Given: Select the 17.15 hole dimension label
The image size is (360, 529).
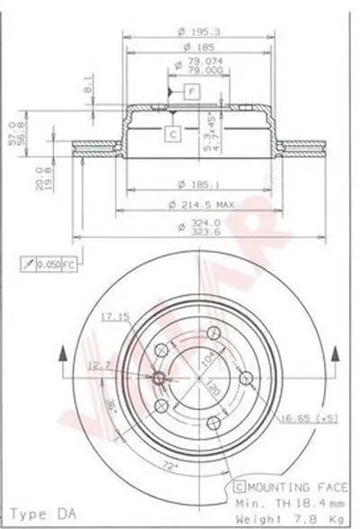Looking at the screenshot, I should click(x=111, y=316).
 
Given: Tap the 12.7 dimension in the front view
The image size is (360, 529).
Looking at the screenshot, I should click(x=101, y=364).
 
